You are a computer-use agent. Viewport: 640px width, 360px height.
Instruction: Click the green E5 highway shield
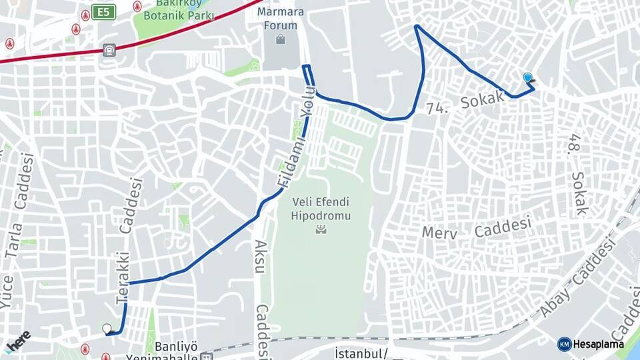pyautogui.click(x=103, y=12)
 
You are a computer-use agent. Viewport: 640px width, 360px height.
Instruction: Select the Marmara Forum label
pyautogui.click(x=281, y=19)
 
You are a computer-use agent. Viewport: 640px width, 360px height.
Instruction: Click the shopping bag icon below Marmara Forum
pyautogui.click(x=281, y=40)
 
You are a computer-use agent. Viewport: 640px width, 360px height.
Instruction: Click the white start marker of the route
pyautogui.click(x=107, y=329)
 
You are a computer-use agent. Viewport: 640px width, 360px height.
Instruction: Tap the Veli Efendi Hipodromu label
pyautogui.click(x=321, y=209)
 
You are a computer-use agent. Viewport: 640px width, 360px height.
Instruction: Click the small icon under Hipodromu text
pyautogui.click(x=321, y=229)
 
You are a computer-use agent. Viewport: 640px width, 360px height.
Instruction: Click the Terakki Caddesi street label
pyautogui.click(x=129, y=241)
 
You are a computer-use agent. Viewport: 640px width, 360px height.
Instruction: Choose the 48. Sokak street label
pyautogui.click(x=577, y=174)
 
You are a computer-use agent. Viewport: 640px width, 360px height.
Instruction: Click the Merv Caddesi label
pyautogui.click(x=477, y=229)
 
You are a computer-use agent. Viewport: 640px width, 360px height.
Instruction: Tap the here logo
pyautogui.click(x=19, y=339)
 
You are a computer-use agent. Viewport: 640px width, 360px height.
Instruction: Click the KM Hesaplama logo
pyautogui.click(x=591, y=344)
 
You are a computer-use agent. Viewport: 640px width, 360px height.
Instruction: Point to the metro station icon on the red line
pyautogui.click(x=109, y=50)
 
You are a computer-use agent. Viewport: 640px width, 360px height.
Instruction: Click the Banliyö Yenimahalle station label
pyautogui.click(x=177, y=351)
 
